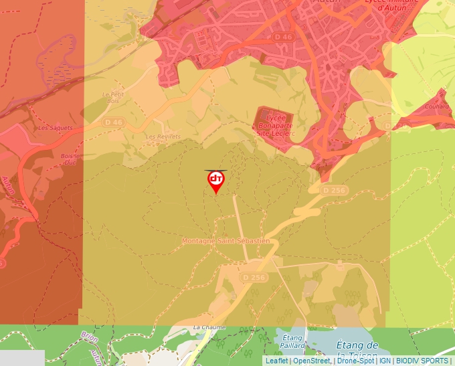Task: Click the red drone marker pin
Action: (215, 181)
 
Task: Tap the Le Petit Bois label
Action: (113, 98)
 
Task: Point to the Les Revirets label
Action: (159, 136)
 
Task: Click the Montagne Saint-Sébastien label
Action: (226, 241)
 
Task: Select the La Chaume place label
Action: (209, 327)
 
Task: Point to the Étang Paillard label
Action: (294, 341)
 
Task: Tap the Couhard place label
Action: (437, 106)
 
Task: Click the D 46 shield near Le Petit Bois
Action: (114, 122)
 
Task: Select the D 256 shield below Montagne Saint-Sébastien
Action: (254, 277)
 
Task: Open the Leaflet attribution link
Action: (276, 361)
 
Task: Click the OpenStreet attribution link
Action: (312, 361)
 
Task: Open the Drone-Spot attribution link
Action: (355, 361)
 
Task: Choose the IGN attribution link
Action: (385, 361)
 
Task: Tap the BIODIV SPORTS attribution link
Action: (422, 361)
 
